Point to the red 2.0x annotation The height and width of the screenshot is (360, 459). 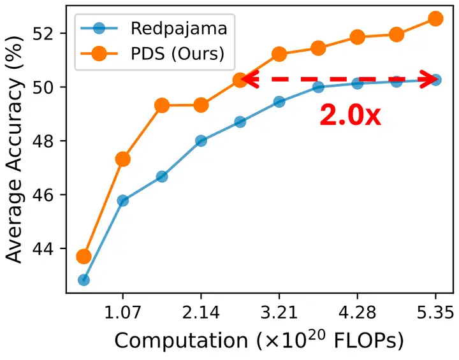coord(349,115)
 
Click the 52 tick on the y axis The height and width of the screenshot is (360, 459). coord(48,33)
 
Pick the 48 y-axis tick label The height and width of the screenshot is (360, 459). coord(48,141)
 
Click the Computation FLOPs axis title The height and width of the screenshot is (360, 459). coord(258,342)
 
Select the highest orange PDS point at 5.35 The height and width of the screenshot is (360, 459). coord(435,18)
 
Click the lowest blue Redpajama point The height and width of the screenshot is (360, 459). coord(84,280)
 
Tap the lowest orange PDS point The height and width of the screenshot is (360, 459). coord(84,256)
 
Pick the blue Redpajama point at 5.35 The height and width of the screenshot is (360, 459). coord(435,80)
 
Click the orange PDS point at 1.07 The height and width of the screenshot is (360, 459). coord(122,159)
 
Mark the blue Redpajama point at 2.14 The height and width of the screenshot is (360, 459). coord(201,141)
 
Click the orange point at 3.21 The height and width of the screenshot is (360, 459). coord(279,54)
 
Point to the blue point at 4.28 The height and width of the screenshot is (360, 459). coord(357,83)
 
